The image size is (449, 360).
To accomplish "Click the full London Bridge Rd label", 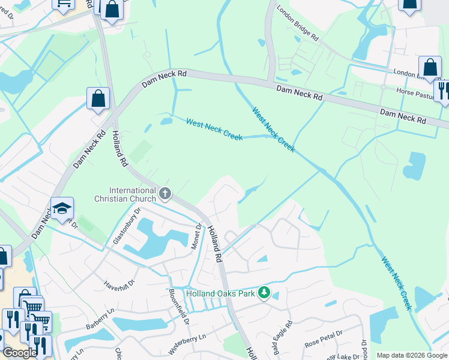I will coord(297,24).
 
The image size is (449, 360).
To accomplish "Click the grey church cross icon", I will coord(166,193).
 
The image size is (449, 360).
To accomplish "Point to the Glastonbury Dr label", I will coord(126,226).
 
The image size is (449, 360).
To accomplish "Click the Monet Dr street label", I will coord(196,237).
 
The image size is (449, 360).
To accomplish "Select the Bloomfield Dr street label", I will coord(179,308).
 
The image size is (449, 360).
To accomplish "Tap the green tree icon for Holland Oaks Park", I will coord(264,293).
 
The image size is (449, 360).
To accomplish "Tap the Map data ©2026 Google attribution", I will coord(411,355).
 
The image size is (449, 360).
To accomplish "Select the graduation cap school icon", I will coord(62,208).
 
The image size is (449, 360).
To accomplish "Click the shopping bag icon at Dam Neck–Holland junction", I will coord(98,98).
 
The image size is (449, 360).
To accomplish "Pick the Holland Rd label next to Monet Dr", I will coord(215,243).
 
